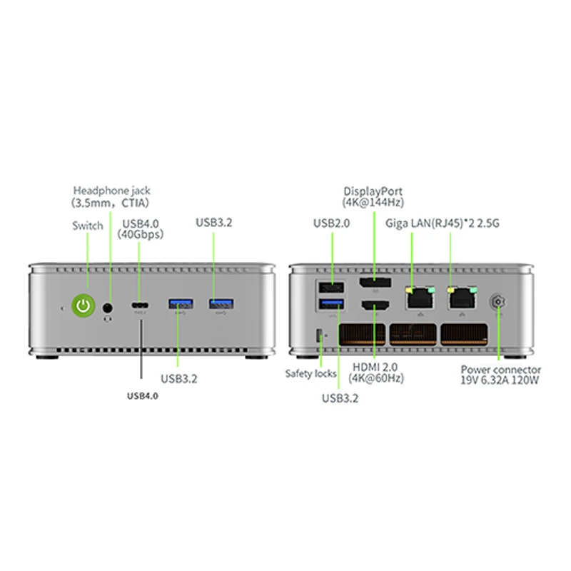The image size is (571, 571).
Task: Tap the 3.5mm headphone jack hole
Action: [x=108, y=307]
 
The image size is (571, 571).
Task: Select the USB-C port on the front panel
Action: [x=140, y=305]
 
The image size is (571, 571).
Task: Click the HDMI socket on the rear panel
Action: [x=374, y=307]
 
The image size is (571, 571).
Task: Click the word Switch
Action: [x=88, y=226]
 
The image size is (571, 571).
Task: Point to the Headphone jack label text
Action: [x=111, y=191]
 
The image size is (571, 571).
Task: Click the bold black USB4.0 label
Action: [x=142, y=395]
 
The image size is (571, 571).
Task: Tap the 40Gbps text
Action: [x=141, y=234]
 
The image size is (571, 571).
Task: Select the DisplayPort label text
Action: [x=373, y=191]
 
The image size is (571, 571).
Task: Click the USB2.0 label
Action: [x=332, y=223]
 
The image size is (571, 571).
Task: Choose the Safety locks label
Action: [x=311, y=373]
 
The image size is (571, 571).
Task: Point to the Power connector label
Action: [x=501, y=370]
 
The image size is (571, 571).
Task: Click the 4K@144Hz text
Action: [x=373, y=202]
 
